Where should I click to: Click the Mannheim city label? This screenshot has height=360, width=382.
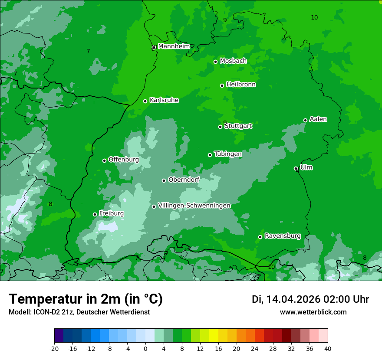click(174, 46)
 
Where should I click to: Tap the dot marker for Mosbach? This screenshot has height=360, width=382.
click(215, 62)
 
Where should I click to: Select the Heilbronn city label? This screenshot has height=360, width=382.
click(241, 85)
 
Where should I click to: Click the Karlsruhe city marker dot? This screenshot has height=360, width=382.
click(145, 101)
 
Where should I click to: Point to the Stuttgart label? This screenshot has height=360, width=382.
click(238, 126)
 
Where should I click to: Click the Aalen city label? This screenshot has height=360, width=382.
click(318, 119)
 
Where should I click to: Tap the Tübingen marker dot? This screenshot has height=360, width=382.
click(210, 155)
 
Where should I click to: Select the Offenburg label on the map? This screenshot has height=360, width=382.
click(124, 160)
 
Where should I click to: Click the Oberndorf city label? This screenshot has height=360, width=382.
click(184, 180)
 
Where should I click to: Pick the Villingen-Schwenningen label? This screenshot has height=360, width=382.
click(194, 206)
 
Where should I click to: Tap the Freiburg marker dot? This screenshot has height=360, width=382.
click(95, 214)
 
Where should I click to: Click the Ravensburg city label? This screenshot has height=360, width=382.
click(283, 236)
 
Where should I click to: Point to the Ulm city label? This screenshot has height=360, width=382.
click(306, 167)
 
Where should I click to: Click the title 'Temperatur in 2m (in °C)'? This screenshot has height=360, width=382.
click(86, 299)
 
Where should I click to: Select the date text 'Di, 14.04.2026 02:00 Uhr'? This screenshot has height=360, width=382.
click(310, 299)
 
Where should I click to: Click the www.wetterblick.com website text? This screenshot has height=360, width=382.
click(313, 312)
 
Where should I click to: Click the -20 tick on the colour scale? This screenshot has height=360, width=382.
click(54, 349)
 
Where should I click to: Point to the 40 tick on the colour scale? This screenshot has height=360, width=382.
click(328, 349)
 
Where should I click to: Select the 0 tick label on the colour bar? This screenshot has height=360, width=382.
click(145, 349)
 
